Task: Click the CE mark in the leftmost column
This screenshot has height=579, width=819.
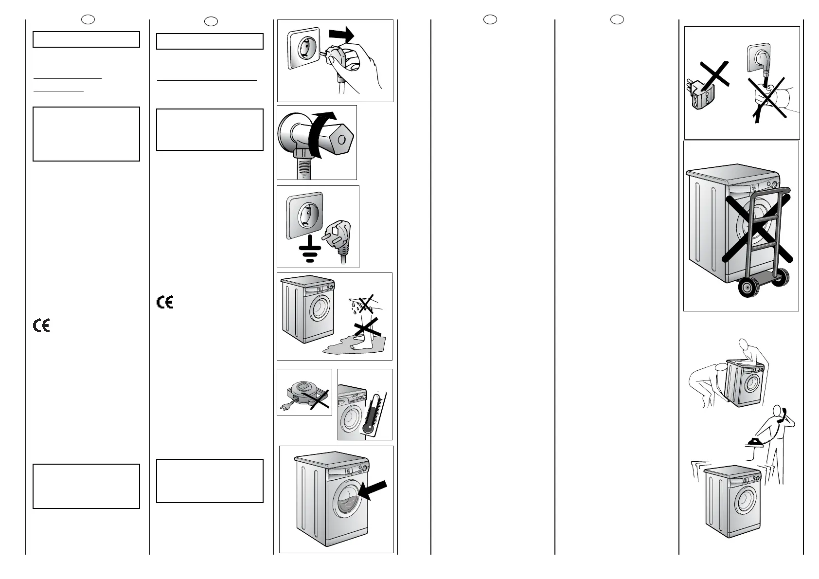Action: tap(42, 326)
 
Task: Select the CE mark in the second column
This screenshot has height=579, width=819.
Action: tap(165, 302)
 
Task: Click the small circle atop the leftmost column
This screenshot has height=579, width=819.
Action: tap(88, 19)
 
